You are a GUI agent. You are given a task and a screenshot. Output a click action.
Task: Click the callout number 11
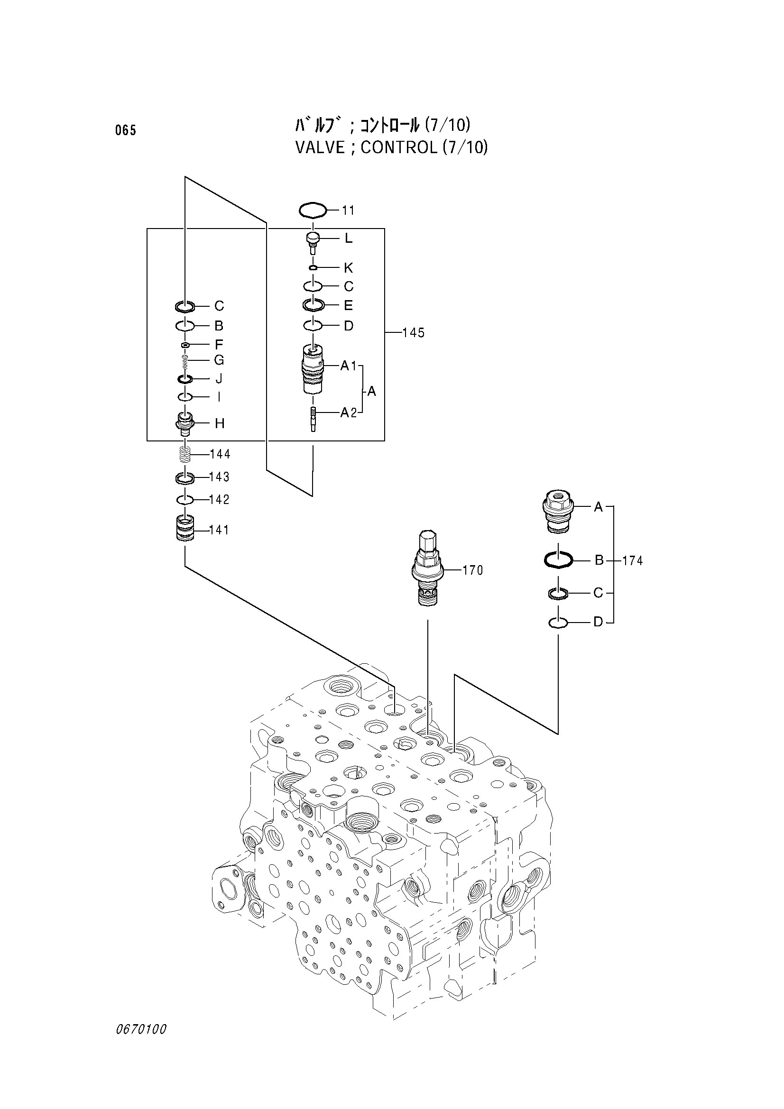coord(348,211)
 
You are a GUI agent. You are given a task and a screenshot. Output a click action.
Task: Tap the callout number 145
coord(414,333)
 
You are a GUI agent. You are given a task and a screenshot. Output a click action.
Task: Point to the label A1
coord(348,366)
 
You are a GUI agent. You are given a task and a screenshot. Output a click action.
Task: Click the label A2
coord(348,412)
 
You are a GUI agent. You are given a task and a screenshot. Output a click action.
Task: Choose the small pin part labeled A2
coord(314,419)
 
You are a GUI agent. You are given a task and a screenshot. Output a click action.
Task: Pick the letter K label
coord(348,268)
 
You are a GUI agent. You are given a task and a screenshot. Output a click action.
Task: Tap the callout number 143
coord(219,477)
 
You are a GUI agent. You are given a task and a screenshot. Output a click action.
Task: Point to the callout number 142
coord(219,499)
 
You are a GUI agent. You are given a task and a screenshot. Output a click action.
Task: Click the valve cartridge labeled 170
coord(427,568)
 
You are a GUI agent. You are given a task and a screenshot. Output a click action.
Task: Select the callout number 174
coord(633,561)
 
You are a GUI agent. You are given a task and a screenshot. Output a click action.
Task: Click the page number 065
coord(126,130)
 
